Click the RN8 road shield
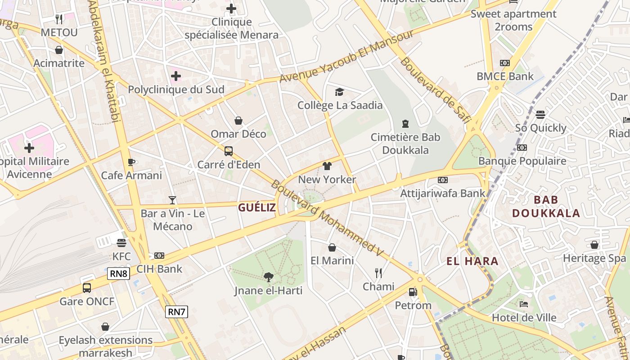119,274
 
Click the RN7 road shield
176,311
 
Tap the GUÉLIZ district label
256,207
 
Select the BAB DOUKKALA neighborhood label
546,207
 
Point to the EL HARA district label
472,261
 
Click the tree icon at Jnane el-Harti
269,276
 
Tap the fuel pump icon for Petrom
413,292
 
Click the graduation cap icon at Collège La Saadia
340,92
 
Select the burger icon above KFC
121,243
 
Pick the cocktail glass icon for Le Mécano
172,200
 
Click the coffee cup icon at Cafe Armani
131,162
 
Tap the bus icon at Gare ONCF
87,288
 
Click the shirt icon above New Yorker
327,166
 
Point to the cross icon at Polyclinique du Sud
176,76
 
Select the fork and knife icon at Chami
378,273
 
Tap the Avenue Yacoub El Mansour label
346,57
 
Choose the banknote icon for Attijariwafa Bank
443,180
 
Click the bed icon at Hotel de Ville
524,304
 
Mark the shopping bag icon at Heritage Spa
594,245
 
